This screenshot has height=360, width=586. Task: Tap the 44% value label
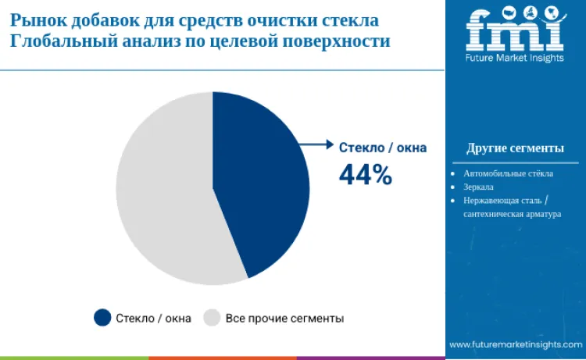click(365, 175)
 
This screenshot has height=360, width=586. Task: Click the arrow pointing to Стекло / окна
click(316, 144)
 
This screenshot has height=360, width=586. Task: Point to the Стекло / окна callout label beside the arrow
click(382, 146)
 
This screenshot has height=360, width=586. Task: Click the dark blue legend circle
click(102, 317)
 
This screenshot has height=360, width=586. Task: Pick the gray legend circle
click(212, 317)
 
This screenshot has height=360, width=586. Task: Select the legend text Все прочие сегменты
click(284, 318)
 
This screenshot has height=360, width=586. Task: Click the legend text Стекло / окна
click(153, 318)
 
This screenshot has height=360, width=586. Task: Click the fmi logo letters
click(514, 30)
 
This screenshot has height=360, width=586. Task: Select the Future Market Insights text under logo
click(514, 59)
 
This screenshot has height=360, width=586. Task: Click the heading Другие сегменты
click(515, 148)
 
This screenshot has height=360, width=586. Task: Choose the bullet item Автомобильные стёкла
click(508, 173)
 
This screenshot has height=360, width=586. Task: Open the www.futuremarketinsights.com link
click(515, 344)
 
